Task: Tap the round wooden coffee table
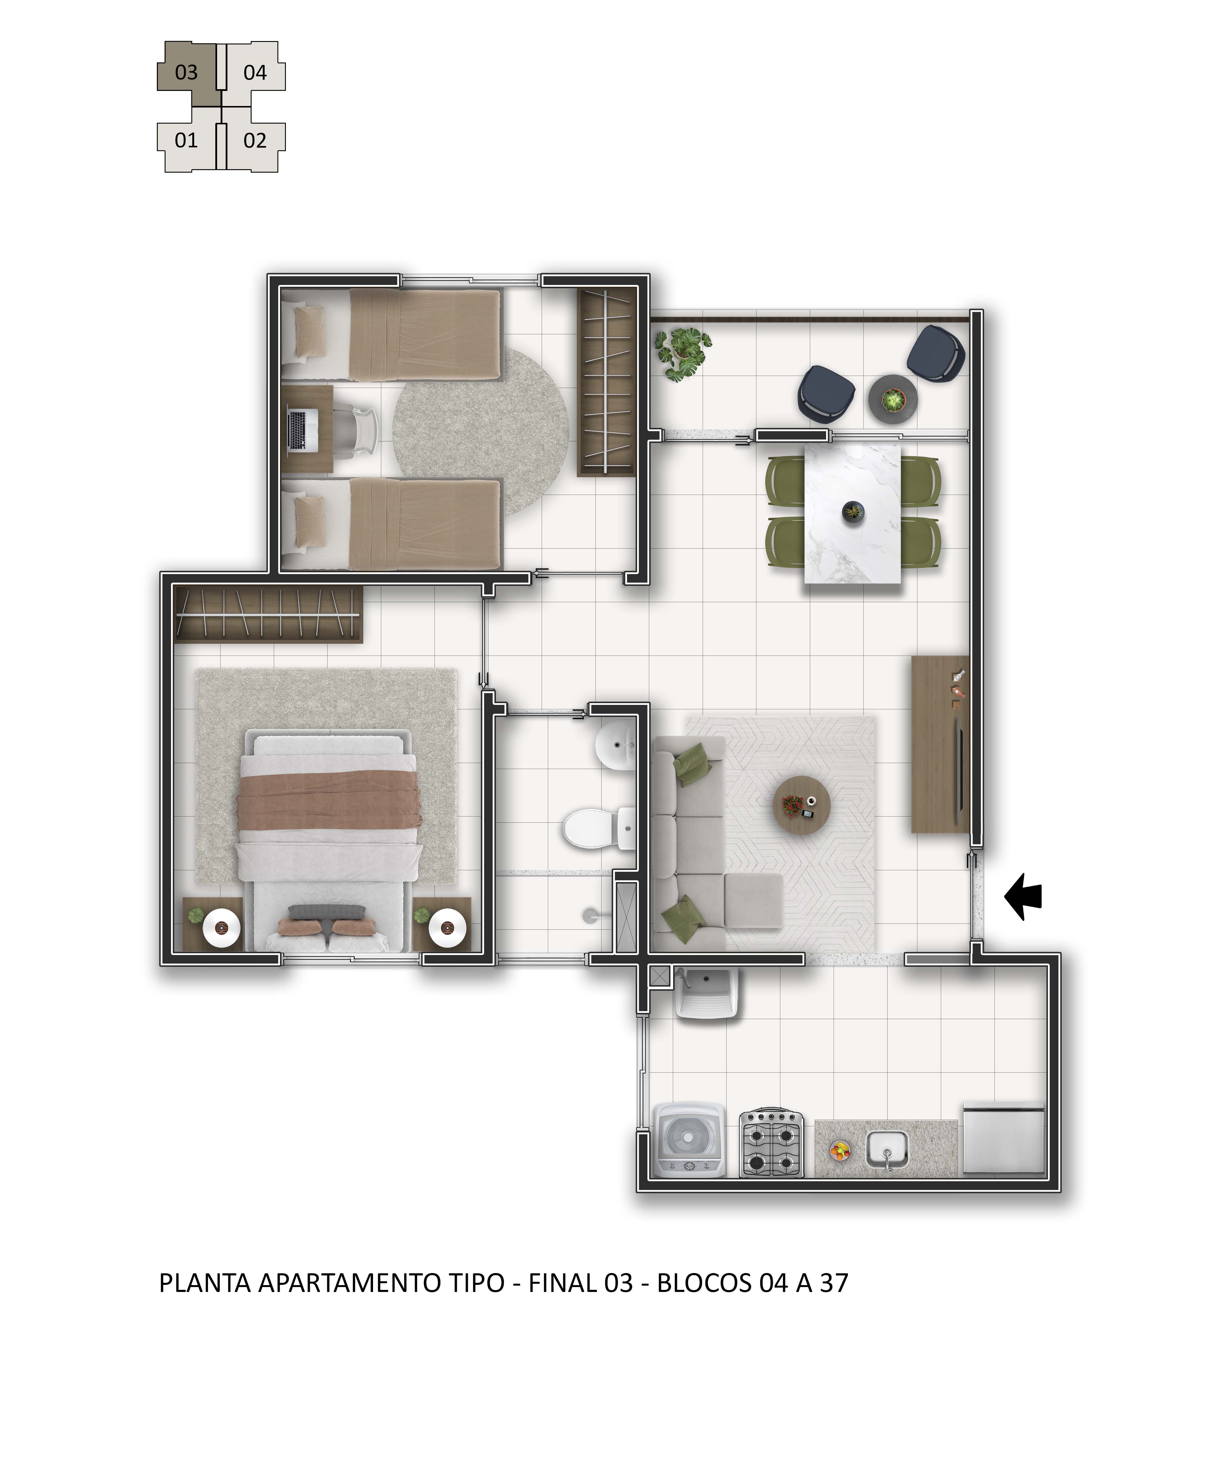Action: [x=802, y=804]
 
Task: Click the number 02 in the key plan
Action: [x=255, y=141]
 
